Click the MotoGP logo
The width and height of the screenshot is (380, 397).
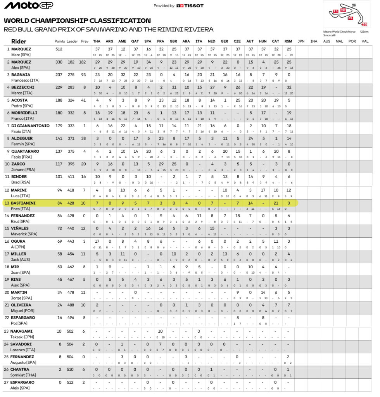[x=29, y=5]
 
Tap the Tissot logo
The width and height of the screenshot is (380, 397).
[x=190, y=6]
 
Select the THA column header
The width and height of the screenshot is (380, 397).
[x=97, y=41]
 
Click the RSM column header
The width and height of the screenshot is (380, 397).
[x=288, y=41]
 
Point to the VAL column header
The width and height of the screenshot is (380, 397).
[x=364, y=41]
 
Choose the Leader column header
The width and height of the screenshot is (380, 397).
[x=72, y=41]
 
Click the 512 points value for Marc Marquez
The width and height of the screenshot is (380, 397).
[x=59, y=49]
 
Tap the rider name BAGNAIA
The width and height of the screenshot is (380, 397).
[x=21, y=75]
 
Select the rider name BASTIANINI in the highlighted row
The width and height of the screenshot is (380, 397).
[x=24, y=202]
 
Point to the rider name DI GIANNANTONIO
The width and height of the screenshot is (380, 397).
[x=30, y=126]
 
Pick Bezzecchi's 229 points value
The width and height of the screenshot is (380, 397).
[x=59, y=87]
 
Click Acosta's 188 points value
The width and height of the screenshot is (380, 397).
[x=59, y=100]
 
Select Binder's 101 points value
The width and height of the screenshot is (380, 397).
[x=59, y=177]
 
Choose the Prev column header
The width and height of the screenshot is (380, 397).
[x=85, y=41]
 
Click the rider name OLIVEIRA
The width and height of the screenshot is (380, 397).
[x=21, y=305]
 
